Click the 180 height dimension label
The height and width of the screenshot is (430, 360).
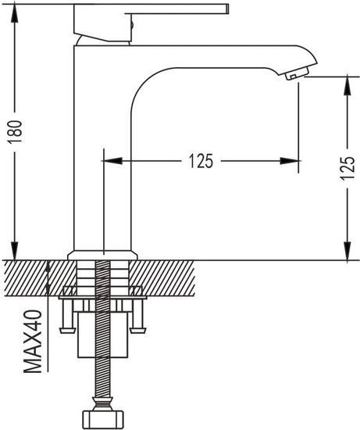click(x=15, y=132)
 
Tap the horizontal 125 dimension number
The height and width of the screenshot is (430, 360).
click(x=201, y=161)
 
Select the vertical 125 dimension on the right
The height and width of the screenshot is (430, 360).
click(x=348, y=168)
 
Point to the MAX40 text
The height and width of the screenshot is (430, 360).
click(x=33, y=342)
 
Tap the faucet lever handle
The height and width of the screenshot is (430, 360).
click(x=151, y=23)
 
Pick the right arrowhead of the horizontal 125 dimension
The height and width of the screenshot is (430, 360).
click(x=290, y=161)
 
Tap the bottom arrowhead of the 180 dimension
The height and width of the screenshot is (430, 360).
click(x=15, y=251)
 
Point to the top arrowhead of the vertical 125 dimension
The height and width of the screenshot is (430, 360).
click(x=348, y=86)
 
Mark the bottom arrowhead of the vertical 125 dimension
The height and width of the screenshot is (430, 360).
click(x=348, y=251)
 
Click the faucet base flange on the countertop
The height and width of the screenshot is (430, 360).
click(x=102, y=255)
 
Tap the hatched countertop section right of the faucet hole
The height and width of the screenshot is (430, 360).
click(x=162, y=278)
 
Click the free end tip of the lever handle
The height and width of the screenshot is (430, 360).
click(x=228, y=9)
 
